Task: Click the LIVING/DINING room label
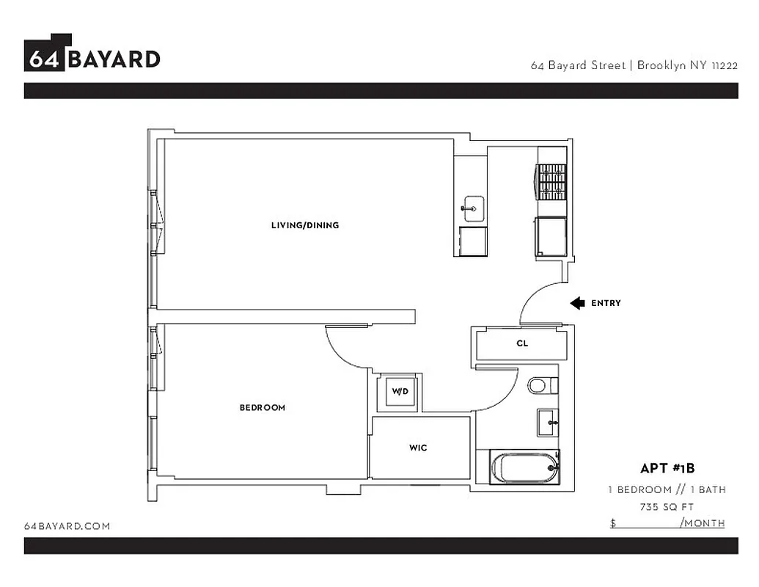coord(305,225)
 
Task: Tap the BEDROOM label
coord(262,407)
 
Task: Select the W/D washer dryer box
coord(399,392)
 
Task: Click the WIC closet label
coord(418,448)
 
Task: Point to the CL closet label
coord(522,343)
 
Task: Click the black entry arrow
coord(577,303)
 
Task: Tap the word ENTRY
coord(606,303)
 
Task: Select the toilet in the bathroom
coord(541,385)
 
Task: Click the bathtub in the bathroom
coord(524,467)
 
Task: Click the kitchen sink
coord(472,208)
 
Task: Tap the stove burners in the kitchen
coord(552,181)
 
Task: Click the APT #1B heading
coord(667,469)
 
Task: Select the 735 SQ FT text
coord(667,506)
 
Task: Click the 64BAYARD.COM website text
coord(67,526)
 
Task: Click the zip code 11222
coord(724,65)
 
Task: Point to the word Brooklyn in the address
coord(661,65)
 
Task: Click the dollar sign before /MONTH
coord(613,523)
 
